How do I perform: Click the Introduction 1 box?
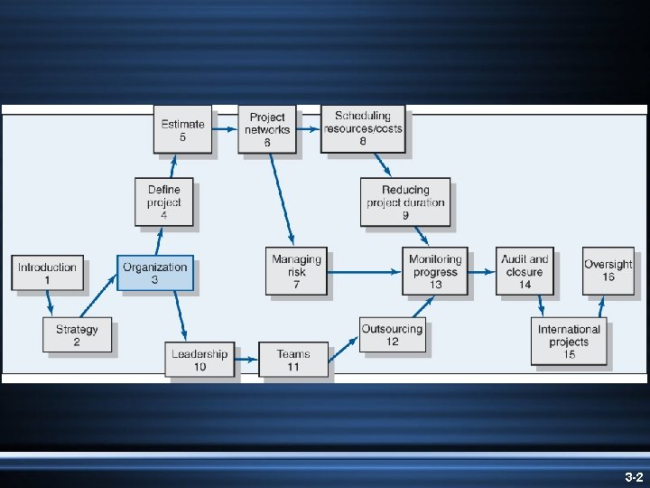click(x=48, y=273)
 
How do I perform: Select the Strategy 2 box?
click(x=76, y=335)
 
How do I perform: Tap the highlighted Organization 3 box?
click(x=155, y=273)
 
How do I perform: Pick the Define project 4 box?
click(x=163, y=202)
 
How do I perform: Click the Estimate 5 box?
click(x=182, y=130)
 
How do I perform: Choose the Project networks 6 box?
click(x=267, y=129)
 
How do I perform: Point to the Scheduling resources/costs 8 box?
click(x=363, y=128)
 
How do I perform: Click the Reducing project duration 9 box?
click(x=405, y=202)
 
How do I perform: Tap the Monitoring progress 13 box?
click(x=436, y=271)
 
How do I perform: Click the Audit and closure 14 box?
click(x=525, y=271)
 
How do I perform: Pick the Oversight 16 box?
click(x=608, y=270)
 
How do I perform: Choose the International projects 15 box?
click(x=569, y=342)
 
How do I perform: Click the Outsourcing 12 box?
click(x=392, y=335)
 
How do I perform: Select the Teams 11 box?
click(x=293, y=360)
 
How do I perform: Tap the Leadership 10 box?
click(x=200, y=360)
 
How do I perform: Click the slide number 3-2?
click(x=633, y=476)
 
